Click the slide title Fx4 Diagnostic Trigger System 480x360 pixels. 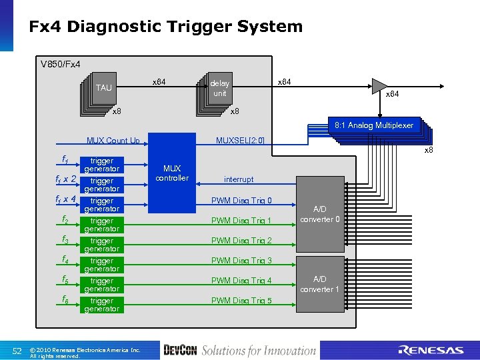[x=165, y=27]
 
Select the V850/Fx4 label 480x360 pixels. [x=61, y=65]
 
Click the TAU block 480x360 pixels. [x=104, y=88]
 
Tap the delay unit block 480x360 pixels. [x=219, y=88]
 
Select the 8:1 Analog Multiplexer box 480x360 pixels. [x=373, y=125]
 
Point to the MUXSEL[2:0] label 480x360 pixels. [x=240, y=141]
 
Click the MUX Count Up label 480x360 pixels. [x=113, y=141]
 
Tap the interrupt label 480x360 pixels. [x=239, y=179]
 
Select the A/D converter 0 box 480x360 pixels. [x=320, y=215]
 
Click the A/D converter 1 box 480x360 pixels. [x=320, y=284]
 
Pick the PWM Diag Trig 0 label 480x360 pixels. [x=241, y=201]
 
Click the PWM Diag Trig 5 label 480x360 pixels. [x=241, y=301]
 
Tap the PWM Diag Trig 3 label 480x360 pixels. [x=241, y=261]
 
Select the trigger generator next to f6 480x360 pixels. [x=101, y=305]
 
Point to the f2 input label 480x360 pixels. [x=65, y=219]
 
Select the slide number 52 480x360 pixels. [x=19, y=351]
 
